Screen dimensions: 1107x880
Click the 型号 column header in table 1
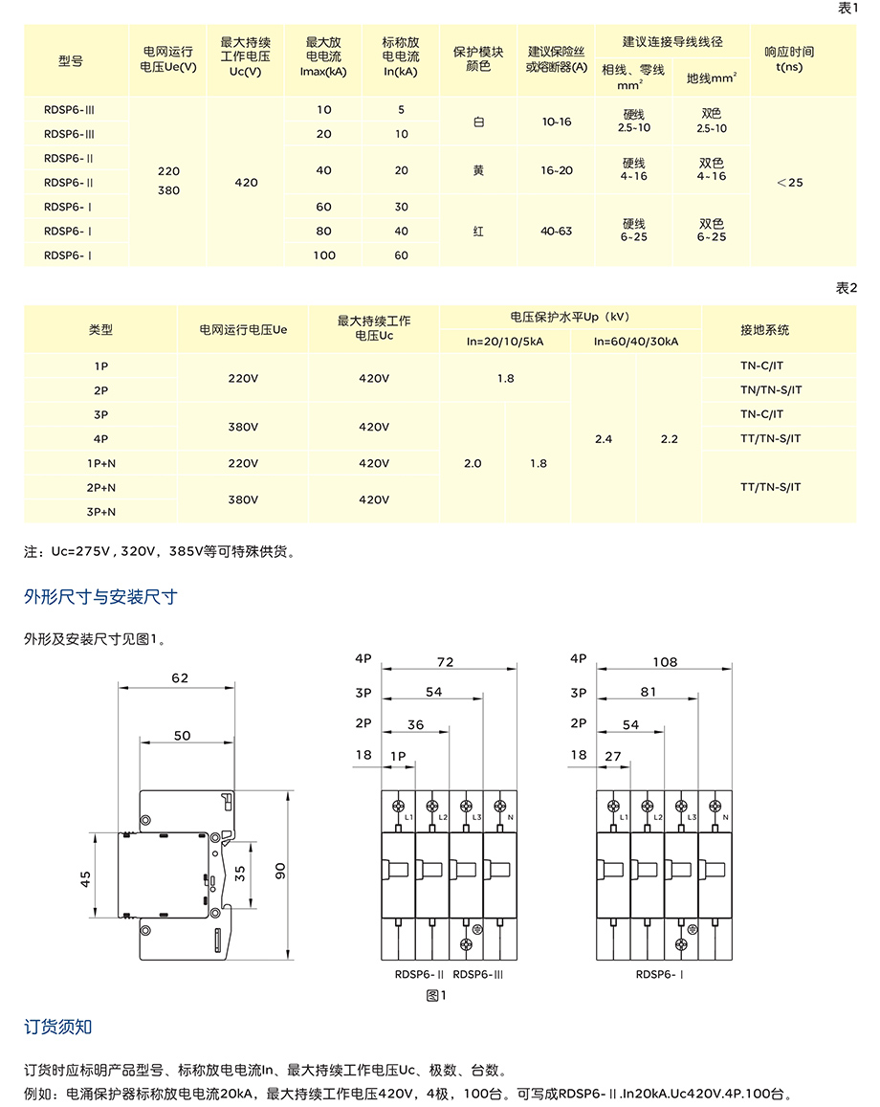[71, 60]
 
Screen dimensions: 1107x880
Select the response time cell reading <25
[790, 182]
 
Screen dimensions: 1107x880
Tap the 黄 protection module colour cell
[478, 170]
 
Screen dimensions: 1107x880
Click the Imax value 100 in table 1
[324, 255]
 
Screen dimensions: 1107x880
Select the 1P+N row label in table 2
[100, 463]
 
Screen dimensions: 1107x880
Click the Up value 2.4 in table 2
[603, 439]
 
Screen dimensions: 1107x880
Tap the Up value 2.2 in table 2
[669, 439]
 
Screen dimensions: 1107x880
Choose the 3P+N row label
[100, 512]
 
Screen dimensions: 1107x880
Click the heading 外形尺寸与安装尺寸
[100, 598]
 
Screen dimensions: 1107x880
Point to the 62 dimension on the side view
[180, 677]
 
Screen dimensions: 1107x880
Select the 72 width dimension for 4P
[445, 661]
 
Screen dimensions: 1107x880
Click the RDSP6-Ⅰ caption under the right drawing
[659, 975]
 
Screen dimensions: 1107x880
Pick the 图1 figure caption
[437, 996]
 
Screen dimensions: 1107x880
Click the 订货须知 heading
[58, 1028]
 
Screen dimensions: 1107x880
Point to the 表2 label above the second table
[846, 288]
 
